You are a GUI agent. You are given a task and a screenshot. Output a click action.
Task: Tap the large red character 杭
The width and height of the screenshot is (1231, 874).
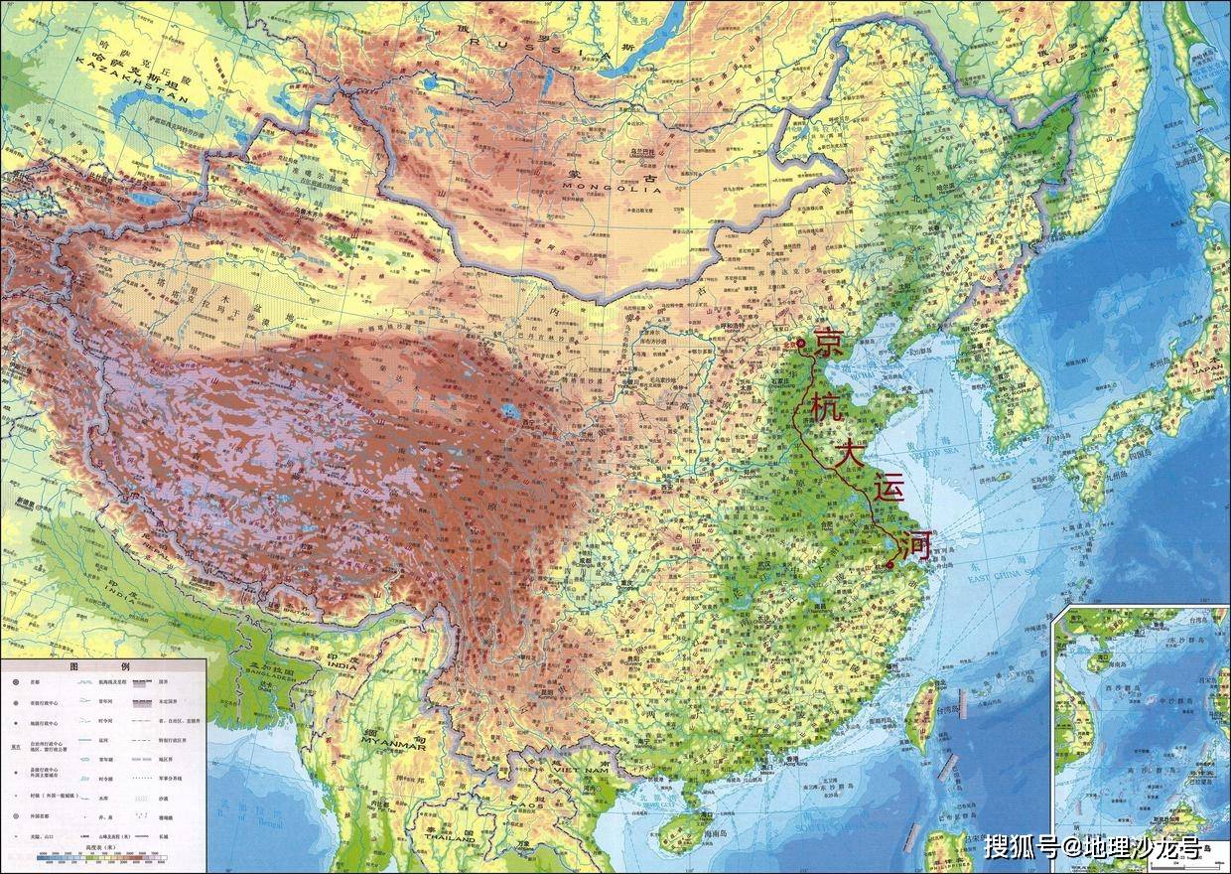tap(823, 409)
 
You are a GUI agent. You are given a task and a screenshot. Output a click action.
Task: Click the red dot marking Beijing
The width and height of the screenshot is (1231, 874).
tap(801, 344)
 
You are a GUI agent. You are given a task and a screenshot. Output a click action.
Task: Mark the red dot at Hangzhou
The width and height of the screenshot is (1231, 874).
tap(890, 565)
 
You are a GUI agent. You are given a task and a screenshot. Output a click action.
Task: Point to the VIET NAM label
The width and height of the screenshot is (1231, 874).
tap(581, 770)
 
